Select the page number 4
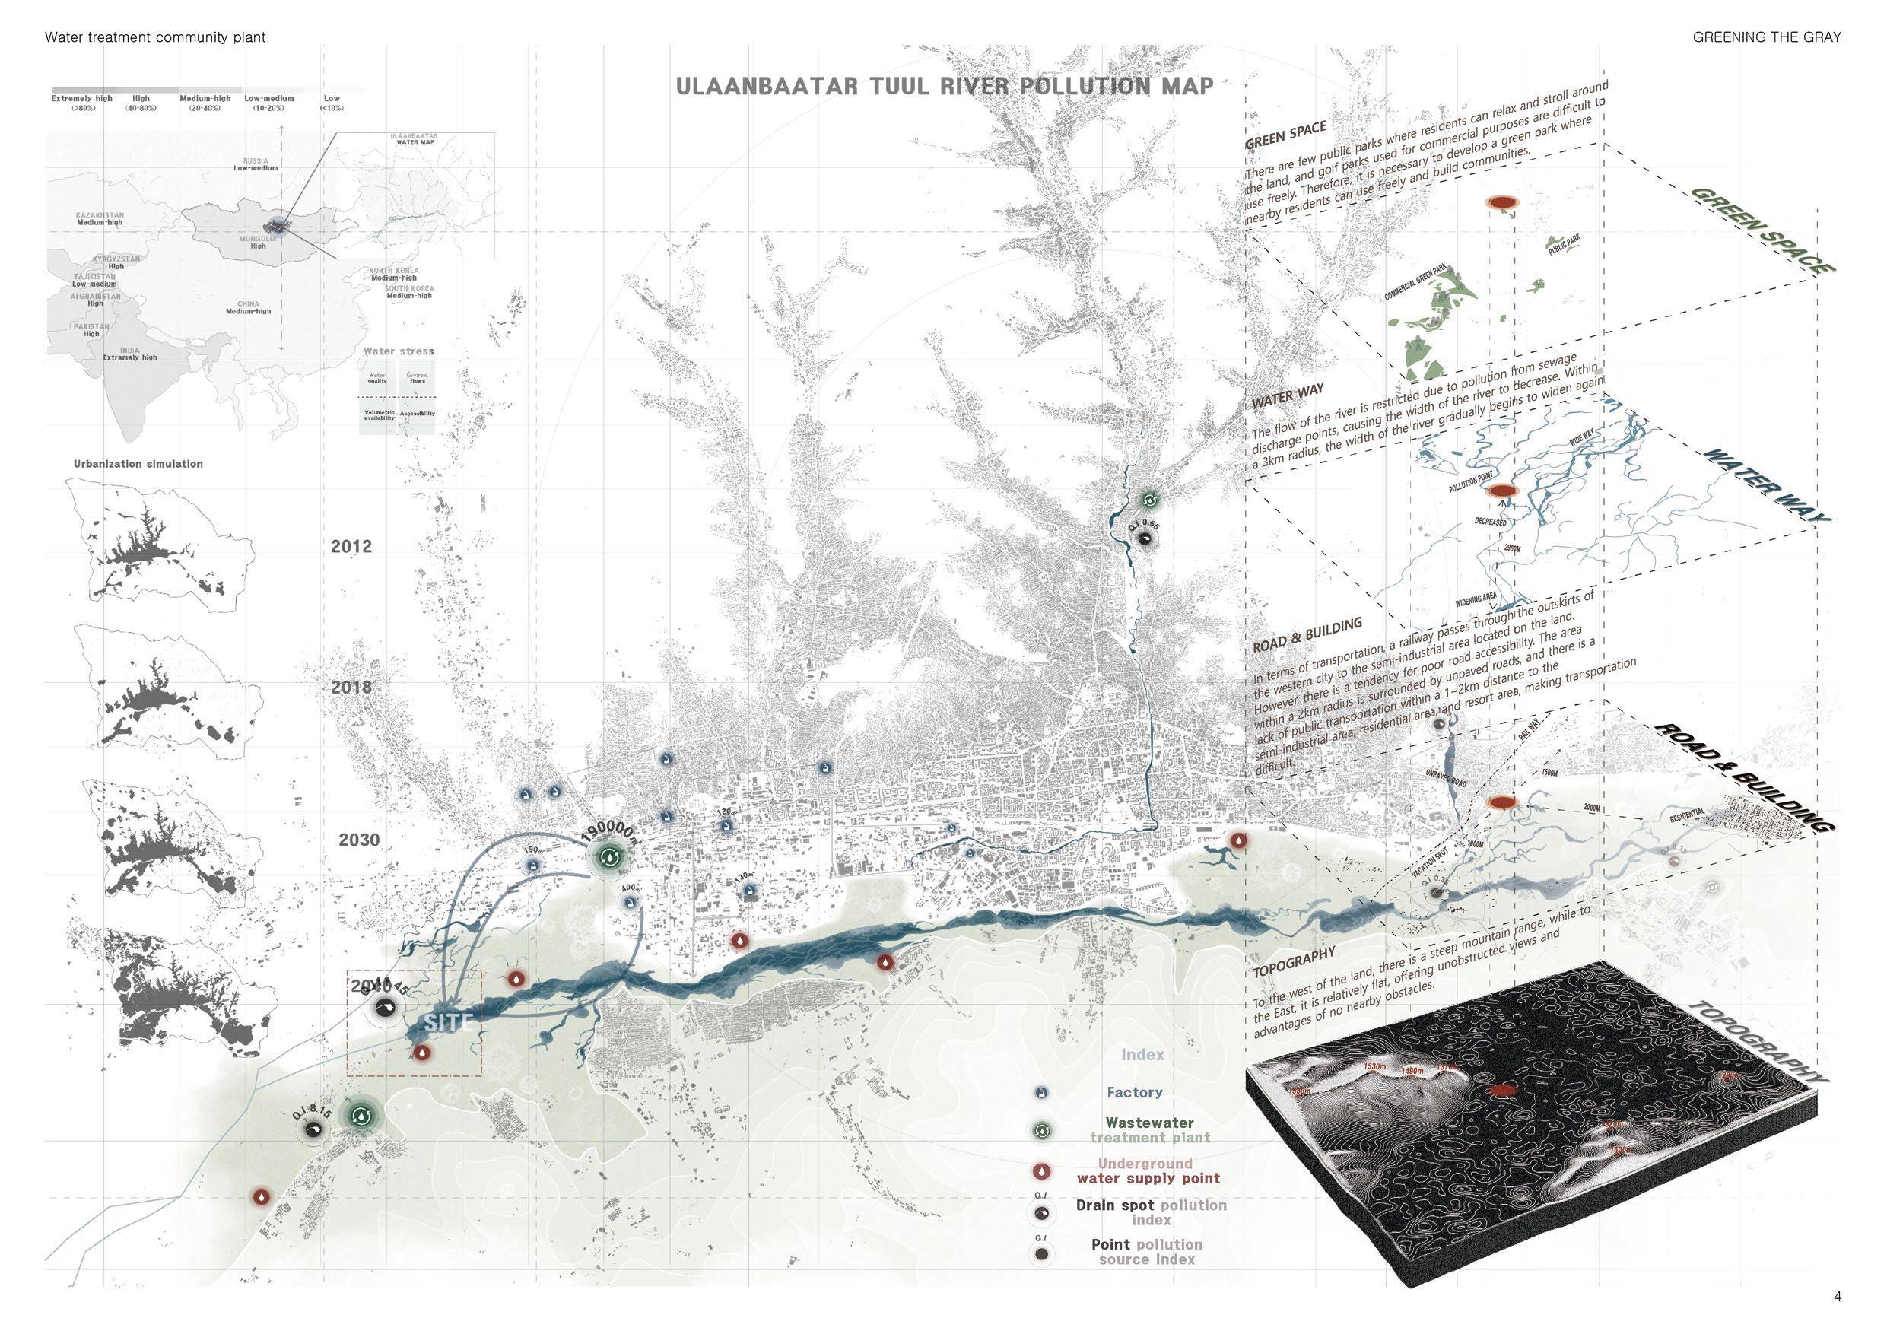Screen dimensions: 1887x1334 point(1837,1297)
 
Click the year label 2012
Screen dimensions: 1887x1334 point(351,547)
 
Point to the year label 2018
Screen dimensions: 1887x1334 point(351,687)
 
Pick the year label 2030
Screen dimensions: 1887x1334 point(360,839)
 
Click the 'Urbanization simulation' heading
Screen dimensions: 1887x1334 point(138,464)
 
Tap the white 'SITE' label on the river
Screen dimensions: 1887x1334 point(449,1022)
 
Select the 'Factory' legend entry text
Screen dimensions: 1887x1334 point(1134,1092)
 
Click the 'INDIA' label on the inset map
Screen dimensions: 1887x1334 point(129,350)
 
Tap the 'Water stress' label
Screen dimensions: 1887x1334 point(399,351)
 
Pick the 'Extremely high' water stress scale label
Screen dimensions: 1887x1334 point(82,99)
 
